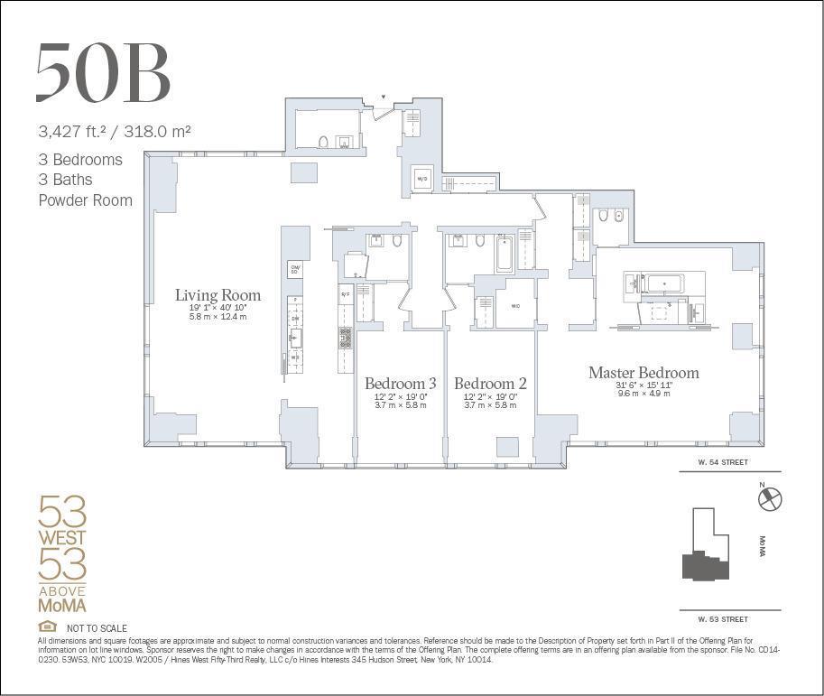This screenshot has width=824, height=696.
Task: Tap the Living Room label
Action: pos(218,295)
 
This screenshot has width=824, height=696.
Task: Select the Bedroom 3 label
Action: pos(401,384)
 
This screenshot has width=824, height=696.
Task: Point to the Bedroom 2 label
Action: pos(490,384)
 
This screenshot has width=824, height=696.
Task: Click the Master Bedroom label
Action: pos(643,373)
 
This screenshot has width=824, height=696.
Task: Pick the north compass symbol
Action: pos(770,498)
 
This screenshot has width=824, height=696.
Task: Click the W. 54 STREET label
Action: pos(723,462)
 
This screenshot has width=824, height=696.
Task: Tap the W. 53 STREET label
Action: pos(723,619)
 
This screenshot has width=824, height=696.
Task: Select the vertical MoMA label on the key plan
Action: pos(763,547)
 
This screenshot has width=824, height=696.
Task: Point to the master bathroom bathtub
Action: pos(665,283)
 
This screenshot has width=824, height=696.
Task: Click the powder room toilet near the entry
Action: pos(323,142)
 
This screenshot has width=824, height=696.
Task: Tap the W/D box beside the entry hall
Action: pos(421,179)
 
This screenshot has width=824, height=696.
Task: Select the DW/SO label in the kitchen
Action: pos(294,269)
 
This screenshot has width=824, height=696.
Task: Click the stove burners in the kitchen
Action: pos(345,338)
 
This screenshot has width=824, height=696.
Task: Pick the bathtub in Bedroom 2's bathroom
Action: pos(504,254)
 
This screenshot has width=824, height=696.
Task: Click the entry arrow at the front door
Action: pos(383,97)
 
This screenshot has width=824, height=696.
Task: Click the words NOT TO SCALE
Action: pos(97,628)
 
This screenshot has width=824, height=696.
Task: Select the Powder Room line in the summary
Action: pos(85,200)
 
